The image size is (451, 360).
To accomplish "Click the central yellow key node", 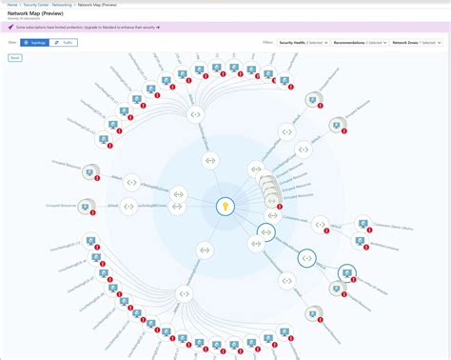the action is (x=225, y=205).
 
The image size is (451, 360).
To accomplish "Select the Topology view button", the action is (x=34, y=43).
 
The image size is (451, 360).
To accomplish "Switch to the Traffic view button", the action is (x=63, y=43).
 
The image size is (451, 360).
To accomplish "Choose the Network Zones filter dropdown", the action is (x=417, y=43).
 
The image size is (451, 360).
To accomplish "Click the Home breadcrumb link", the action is (x=10, y=4).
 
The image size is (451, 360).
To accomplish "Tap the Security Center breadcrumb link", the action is (x=34, y=4).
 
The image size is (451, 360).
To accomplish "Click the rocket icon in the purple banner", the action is (x=10, y=28).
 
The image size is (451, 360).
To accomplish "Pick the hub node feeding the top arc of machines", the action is (x=195, y=115).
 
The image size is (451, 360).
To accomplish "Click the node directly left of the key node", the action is (x=131, y=204).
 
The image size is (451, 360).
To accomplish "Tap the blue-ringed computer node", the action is (x=347, y=274).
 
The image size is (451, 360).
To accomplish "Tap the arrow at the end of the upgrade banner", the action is (x=158, y=28).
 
